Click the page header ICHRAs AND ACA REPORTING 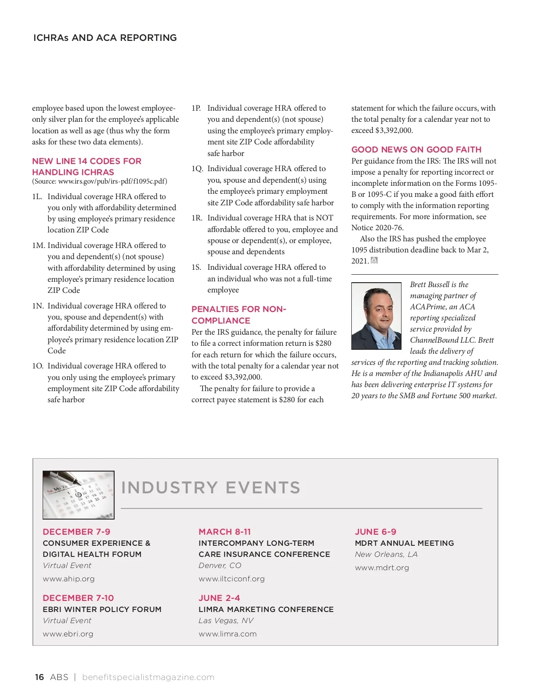[x=105, y=38]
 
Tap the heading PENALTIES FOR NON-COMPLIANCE [x=239, y=315]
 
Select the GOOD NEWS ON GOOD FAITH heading [x=416, y=150]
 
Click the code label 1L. [x=37, y=196]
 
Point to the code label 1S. [x=196, y=267]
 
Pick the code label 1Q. [x=197, y=169]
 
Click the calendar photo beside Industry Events [x=79, y=495]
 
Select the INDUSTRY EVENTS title [x=211, y=488]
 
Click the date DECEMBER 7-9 [x=76, y=532]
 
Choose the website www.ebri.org [x=68, y=634]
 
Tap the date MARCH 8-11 [x=225, y=532]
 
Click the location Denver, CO [x=220, y=565]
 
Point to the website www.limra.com [x=227, y=634]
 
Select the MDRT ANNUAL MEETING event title [x=404, y=543]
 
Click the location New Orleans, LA [x=386, y=554]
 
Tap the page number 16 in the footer [x=40, y=677]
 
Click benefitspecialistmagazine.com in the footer [x=148, y=677]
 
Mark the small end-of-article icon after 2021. [x=374, y=261]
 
